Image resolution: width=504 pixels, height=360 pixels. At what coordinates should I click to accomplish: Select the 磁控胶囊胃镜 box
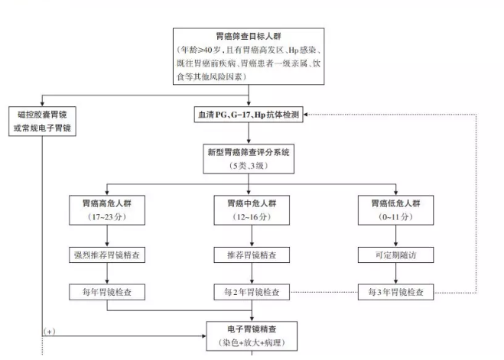(x=44, y=121)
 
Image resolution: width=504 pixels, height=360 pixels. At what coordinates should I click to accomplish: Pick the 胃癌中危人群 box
(x=252, y=210)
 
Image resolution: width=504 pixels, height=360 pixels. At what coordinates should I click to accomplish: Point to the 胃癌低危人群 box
(x=395, y=210)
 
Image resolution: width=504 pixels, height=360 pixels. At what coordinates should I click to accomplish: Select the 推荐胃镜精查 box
(x=252, y=255)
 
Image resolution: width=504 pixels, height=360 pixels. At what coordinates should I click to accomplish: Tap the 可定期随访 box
(x=395, y=255)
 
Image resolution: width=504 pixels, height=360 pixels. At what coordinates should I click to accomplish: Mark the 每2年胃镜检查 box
(x=252, y=292)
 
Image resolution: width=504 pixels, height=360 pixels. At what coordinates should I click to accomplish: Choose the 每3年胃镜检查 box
(x=395, y=292)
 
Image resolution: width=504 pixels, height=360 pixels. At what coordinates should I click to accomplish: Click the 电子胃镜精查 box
(x=252, y=337)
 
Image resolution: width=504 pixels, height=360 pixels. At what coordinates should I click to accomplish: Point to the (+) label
(x=50, y=332)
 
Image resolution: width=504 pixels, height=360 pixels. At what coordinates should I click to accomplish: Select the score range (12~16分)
(x=252, y=218)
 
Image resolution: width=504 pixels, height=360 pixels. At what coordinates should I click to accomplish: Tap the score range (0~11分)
(x=395, y=218)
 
